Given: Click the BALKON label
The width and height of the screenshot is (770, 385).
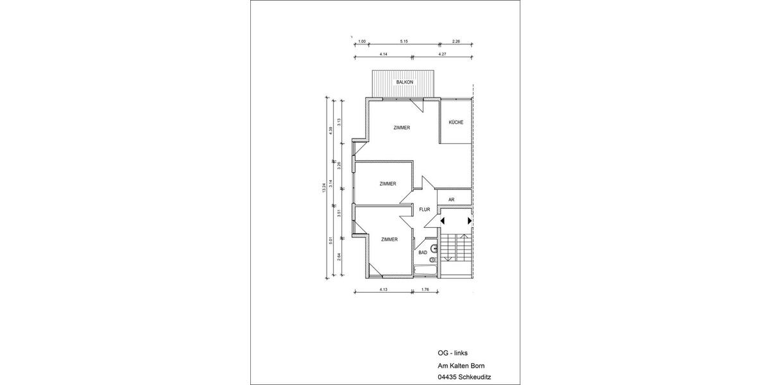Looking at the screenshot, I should [405, 83].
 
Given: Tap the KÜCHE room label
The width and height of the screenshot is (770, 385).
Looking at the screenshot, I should [456, 122].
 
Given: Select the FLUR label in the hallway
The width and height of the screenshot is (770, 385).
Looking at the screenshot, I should [424, 210].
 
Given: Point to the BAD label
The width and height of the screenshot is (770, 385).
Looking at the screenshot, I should [423, 252].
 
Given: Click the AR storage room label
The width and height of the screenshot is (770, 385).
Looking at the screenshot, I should [451, 200].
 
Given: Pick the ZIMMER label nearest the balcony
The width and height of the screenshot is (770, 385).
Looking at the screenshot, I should [402, 128].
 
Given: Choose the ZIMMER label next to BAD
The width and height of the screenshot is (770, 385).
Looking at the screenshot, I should [389, 239].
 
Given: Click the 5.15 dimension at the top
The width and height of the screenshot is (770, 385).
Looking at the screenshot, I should [404, 42].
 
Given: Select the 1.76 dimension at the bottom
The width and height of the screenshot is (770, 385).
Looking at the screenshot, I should [425, 289].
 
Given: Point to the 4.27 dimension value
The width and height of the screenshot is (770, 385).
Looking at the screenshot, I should [442, 55].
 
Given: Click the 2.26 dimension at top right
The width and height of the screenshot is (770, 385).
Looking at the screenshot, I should [456, 42].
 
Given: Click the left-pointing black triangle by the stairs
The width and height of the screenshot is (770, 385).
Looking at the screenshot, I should [441, 221].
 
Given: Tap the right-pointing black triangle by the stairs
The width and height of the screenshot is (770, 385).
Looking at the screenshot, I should [470, 221].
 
